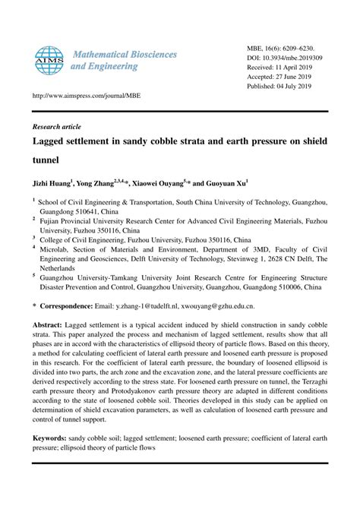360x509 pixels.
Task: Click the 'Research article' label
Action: tap(56, 126)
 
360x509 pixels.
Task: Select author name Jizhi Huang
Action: tap(51, 184)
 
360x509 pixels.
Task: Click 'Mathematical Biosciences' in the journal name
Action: tap(125, 55)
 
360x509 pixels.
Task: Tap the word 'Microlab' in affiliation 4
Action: tap(55, 248)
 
